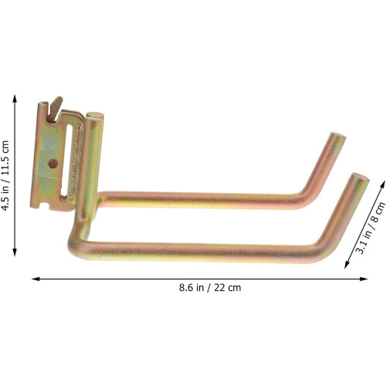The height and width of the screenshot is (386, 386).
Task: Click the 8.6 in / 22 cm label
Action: click(210, 287)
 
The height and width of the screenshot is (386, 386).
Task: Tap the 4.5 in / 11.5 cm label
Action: click(5, 176)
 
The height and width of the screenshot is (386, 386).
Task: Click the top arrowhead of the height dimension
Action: click(15, 99)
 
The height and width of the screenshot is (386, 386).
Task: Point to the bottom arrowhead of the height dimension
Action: click(15, 252)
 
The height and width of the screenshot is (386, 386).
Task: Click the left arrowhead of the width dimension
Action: click(36, 279)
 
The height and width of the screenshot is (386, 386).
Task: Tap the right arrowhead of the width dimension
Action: click(364, 279)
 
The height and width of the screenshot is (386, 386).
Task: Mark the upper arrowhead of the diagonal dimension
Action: click(383, 185)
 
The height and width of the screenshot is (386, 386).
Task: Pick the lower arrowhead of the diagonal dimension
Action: click(347, 265)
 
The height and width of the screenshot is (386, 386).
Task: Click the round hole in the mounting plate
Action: click(52, 164)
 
